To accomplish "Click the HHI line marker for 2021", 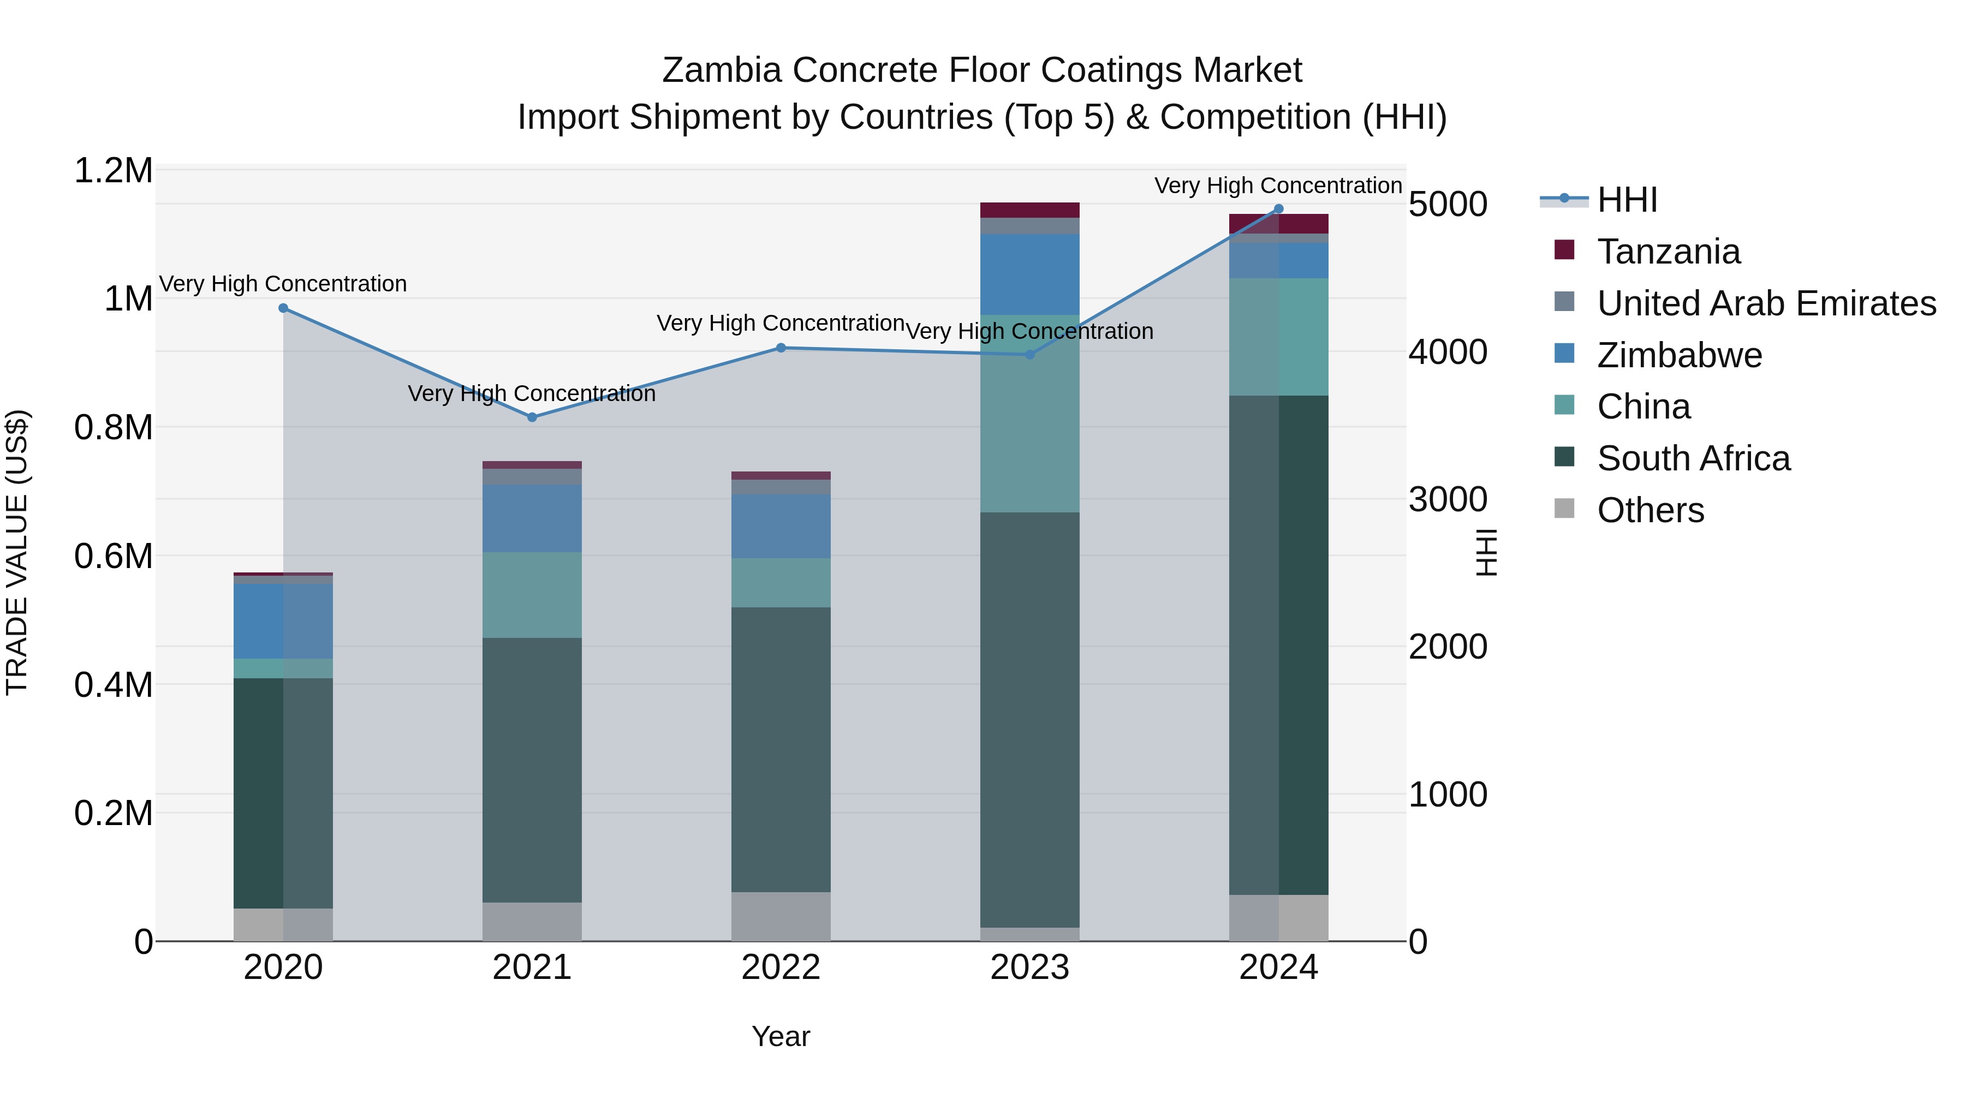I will click(x=532, y=417).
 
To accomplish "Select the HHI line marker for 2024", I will click(x=1278, y=208).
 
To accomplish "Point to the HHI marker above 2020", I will click(x=283, y=308).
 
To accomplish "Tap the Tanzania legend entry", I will click(x=1668, y=252).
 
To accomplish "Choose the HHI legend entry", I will click(x=1627, y=200).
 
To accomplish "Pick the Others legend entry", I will click(x=1650, y=510).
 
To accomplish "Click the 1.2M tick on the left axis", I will click(x=113, y=171).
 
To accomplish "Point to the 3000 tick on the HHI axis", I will click(x=1447, y=499).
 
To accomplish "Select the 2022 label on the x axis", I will click(x=781, y=967).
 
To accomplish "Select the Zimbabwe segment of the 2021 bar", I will click(x=532, y=518).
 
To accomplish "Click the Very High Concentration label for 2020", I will click(x=283, y=284).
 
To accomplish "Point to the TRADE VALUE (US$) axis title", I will click(x=17, y=552).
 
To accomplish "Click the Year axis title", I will click(x=781, y=1036).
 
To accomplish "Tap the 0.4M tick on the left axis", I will click(x=113, y=685).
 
